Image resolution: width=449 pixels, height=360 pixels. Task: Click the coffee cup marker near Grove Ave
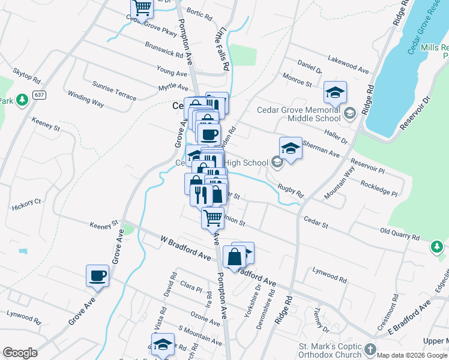(x=97, y=276)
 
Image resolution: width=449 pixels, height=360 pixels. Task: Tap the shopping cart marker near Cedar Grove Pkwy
(x=142, y=8)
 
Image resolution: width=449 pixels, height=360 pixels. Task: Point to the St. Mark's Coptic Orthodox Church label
(x=330, y=351)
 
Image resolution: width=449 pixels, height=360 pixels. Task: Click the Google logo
(x=20, y=353)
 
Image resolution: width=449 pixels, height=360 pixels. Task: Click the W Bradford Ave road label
(x=186, y=247)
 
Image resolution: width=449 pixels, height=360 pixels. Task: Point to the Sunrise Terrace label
(x=114, y=91)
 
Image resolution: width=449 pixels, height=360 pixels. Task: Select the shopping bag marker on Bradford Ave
(x=235, y=257)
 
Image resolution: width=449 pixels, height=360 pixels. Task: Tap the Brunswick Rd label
(x=164, y=49)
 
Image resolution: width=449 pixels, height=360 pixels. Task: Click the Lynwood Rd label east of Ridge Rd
(x=330, y=276)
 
